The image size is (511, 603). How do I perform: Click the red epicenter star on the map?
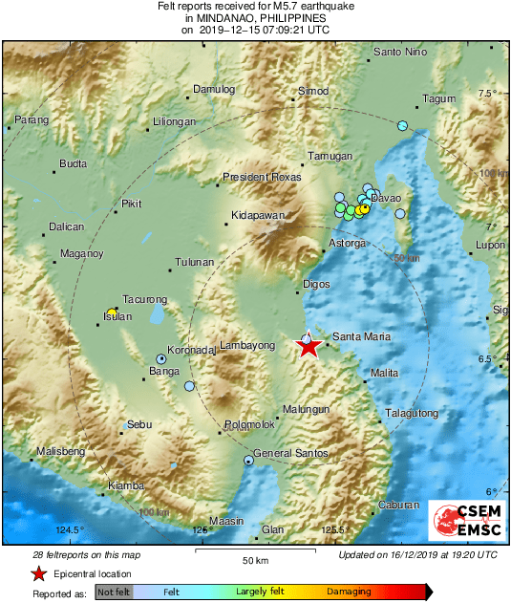point(308,348)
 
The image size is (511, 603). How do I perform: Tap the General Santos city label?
point(291,453)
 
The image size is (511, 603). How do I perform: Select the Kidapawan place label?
point(259,216)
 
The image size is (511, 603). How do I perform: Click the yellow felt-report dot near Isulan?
point(112,313)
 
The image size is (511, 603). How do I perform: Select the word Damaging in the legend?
point(349,592)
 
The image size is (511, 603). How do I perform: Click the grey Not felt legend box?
point(115,592)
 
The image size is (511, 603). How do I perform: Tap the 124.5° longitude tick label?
point(70,529)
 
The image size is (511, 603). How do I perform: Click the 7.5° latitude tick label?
point(489,93)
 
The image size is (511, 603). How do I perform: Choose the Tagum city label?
point(439,99)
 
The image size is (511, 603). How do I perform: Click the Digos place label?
point(316,284)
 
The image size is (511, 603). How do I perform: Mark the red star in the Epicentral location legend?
point(38,573)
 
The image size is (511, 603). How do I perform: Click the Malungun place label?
point(307,408)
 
